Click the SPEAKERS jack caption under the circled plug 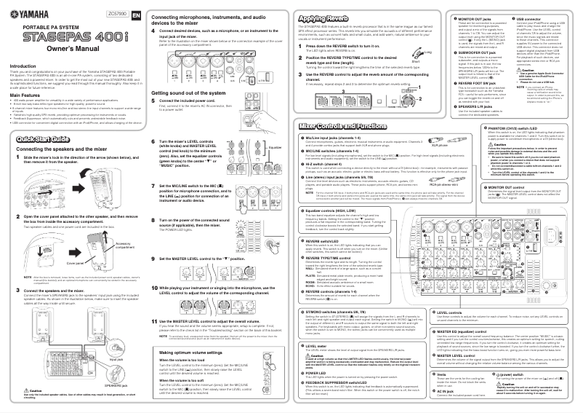coord(111,383)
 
